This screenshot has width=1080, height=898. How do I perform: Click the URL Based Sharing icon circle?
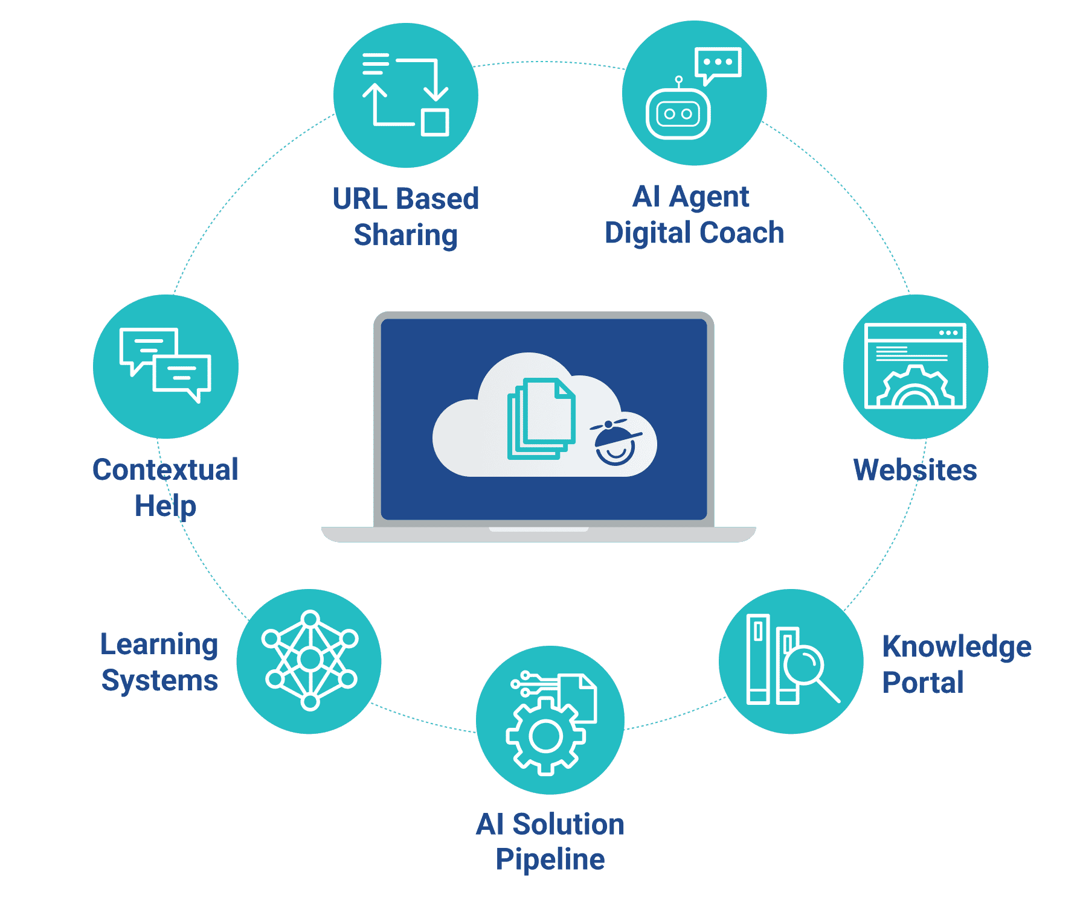click(405, 95)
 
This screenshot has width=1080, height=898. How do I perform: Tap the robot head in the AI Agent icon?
click(678, 113)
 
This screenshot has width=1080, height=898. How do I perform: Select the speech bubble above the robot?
click(718, 63)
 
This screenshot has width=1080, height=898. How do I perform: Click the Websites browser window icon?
click(915, 366)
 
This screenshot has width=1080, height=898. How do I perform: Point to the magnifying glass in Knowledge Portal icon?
click(806, 667)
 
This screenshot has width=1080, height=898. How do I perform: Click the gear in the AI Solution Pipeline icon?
click(545, 736)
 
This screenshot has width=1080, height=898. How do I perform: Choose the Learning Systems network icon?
click(309, 660)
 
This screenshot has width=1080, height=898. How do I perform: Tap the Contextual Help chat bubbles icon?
click(166, 365)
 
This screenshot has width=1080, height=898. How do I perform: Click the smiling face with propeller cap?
click(616, 443)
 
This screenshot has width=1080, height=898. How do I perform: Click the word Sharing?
click(406, 235)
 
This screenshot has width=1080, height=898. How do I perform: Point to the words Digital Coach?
click(695, 233)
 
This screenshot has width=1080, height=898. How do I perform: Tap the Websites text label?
click(915, 470)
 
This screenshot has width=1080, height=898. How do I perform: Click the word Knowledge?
click(957, 646)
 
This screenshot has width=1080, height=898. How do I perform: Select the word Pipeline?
click(550, 859)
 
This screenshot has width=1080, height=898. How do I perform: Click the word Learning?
click(159, 645)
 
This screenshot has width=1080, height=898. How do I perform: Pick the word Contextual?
click(166, 470)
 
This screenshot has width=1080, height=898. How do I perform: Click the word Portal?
click(923, 683)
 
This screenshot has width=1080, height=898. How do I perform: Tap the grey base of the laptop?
click(538, 535)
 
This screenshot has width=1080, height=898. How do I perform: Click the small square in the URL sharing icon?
click(435, 123)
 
